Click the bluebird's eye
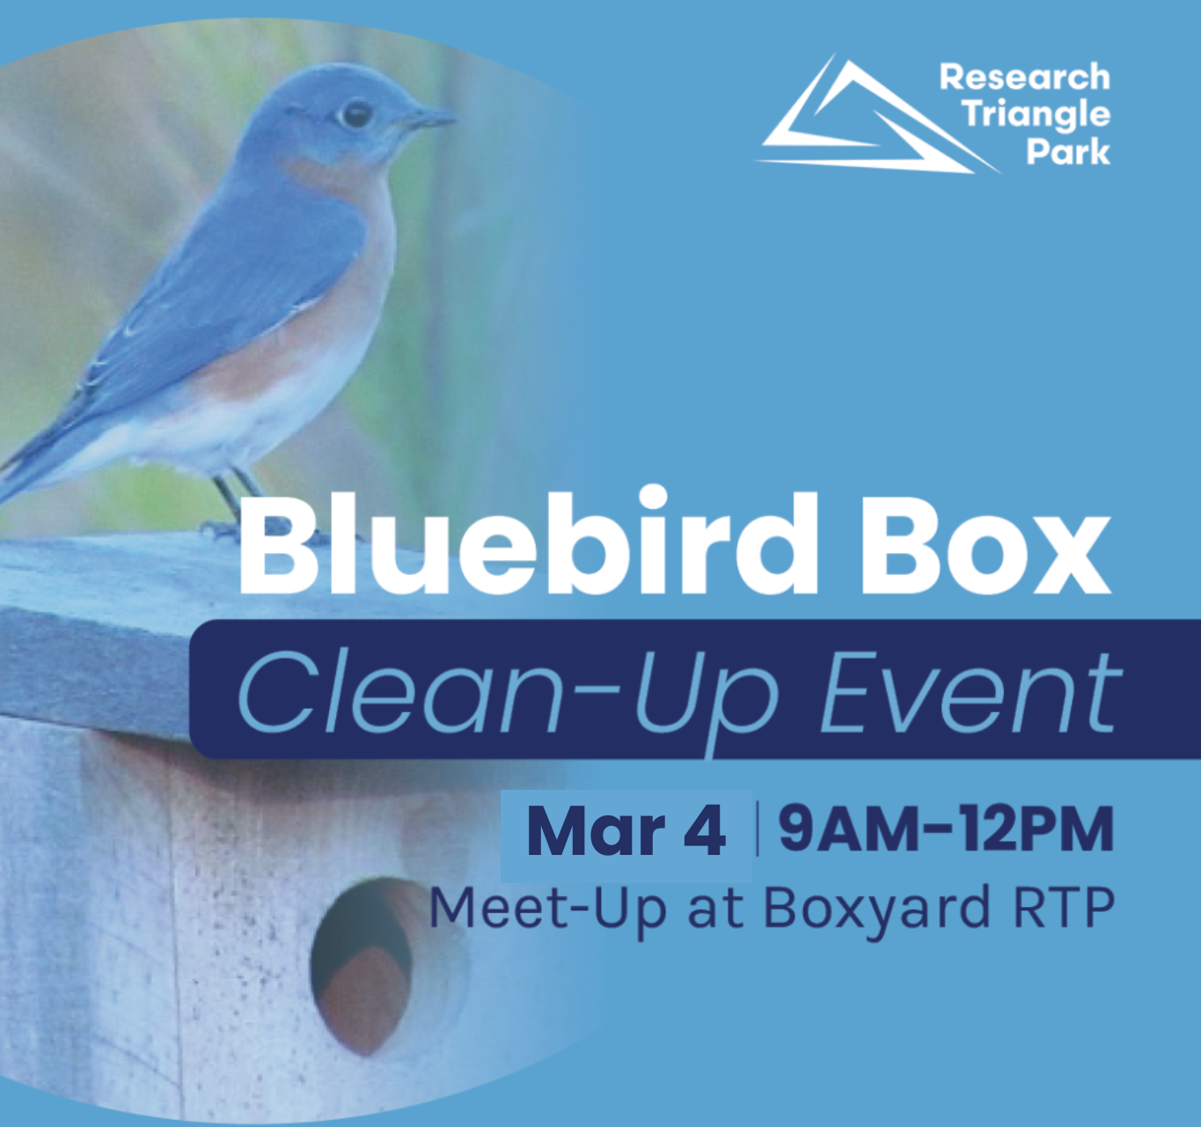tap(355, 114)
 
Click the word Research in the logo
tap(1025, 77)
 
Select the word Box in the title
tap(987, 545)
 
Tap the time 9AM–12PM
tap(946, 829)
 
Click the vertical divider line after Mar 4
tap(758, 830)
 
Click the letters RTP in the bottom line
tap(1064, 907)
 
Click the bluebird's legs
tap(236, 504)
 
